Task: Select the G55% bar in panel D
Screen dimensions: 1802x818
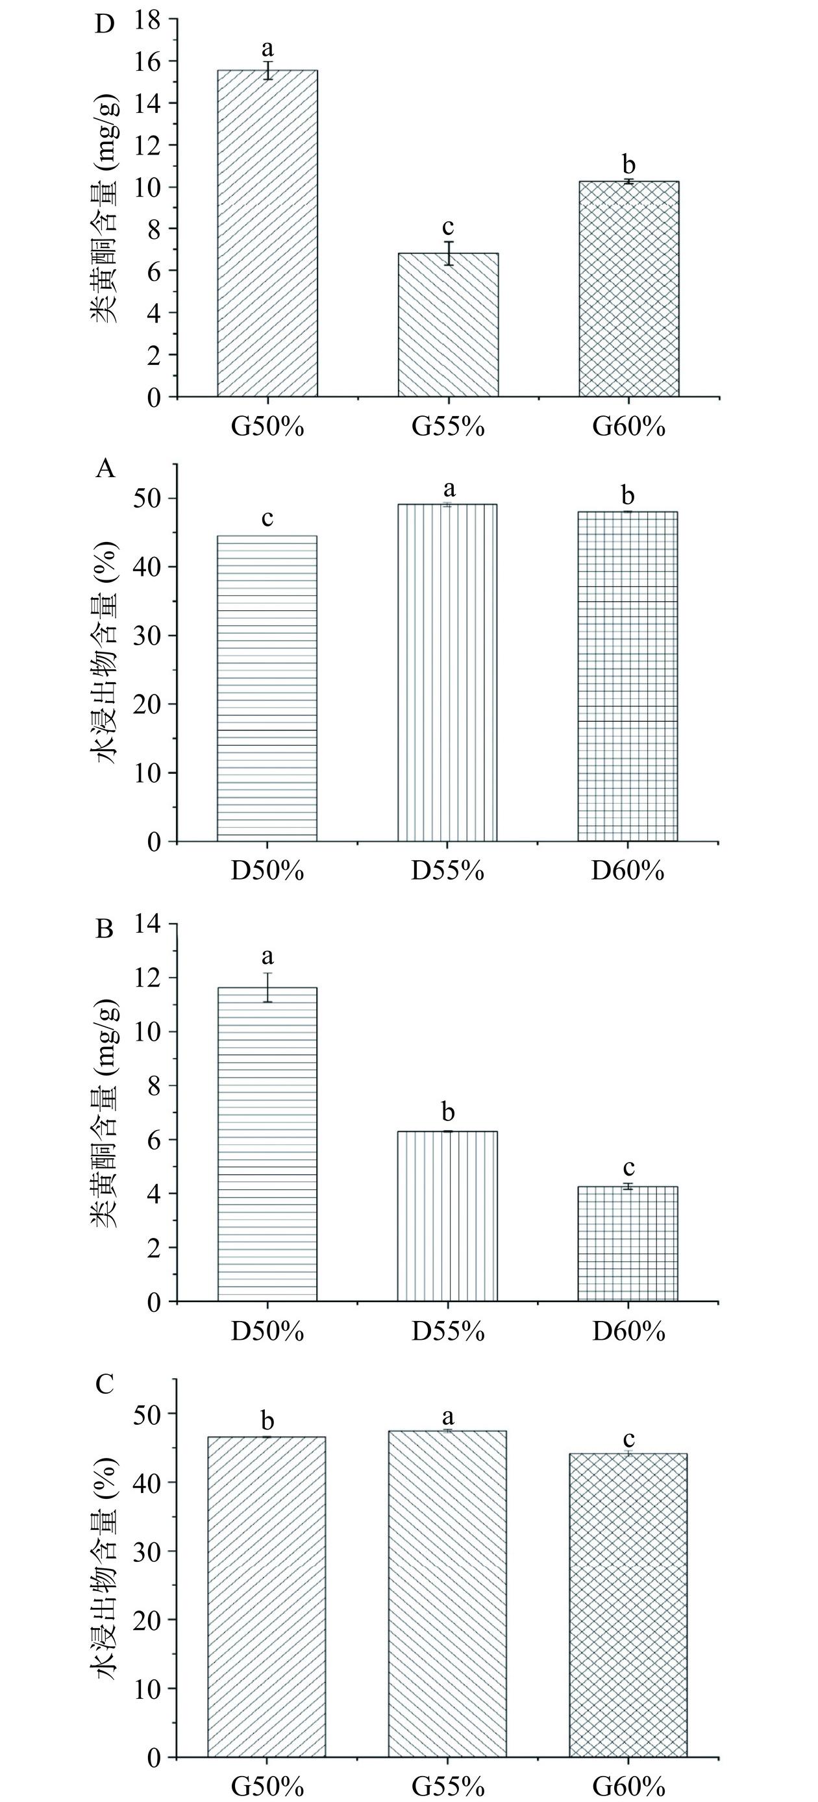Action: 448,325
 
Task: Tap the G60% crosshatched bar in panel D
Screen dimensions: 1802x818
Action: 628,288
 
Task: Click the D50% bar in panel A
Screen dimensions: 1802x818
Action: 267,688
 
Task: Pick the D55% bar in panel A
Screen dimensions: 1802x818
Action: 448,673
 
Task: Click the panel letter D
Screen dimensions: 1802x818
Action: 105,24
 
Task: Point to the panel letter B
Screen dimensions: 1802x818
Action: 105,930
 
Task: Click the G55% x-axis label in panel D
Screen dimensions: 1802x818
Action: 448,426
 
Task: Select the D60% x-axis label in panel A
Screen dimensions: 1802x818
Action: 628,872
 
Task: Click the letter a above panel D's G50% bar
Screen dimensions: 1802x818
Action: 267,49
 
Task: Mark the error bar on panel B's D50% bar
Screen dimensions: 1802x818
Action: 267,987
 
